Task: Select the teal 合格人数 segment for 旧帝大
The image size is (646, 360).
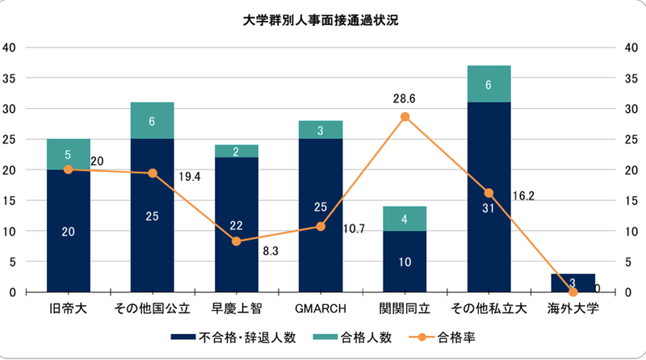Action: [x=68, y=154]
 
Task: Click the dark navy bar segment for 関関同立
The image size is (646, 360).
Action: [x=405, y=262]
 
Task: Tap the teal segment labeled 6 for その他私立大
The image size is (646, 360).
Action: [x=489, y=83]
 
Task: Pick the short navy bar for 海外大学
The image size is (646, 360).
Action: [x=573, y=283]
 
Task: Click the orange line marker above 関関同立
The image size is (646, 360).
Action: [x=405, y=117]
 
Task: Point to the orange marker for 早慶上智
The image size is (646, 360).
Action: [x=237, y=241]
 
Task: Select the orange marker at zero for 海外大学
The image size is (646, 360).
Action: [x=573, y=291]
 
